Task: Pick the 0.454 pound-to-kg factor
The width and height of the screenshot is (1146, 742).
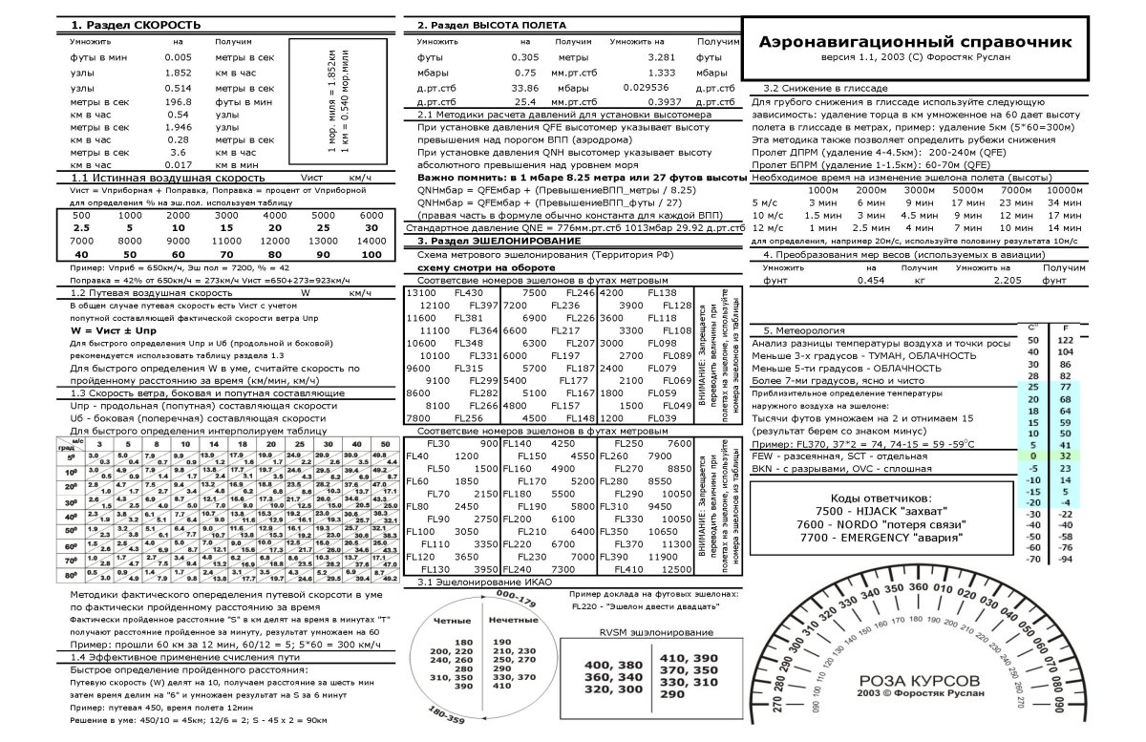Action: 870,281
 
